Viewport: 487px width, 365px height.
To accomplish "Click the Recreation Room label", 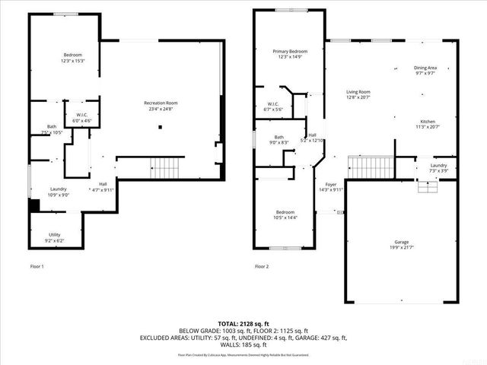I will tap(161, 103).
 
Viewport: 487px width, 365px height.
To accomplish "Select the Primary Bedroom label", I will tap(290, 51).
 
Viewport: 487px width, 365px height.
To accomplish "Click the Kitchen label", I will tap(429, 122).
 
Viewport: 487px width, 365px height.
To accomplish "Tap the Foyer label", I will tap(331, 185).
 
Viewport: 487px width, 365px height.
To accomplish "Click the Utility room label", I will tap(55, 234).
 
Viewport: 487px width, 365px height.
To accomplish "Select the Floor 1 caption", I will tap(37, 266).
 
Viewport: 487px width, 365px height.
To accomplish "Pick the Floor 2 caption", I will tap(262, 266).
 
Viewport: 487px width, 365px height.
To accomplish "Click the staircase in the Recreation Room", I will tap(165, 165).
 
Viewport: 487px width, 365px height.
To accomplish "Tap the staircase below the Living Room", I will tap(371, 165).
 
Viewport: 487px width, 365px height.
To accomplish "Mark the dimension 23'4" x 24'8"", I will tap(161, 109).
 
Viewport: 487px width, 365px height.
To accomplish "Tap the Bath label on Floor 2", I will tap(279, 137).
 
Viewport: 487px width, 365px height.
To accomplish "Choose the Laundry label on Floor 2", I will tap(438, 165).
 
